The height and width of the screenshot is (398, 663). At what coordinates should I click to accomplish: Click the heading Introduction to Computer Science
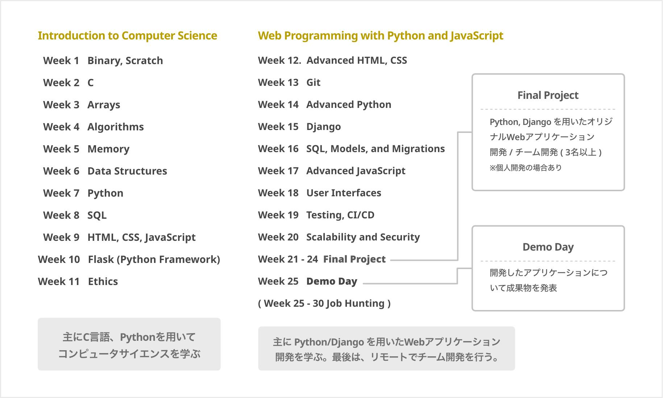point(127,35)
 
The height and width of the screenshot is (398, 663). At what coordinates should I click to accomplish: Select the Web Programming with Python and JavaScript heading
point(380,35)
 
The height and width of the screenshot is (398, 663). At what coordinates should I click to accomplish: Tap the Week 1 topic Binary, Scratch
point(125,60)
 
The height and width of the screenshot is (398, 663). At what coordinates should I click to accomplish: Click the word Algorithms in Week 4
point(115,127)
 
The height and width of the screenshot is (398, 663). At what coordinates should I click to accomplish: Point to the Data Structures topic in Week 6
point(127,171)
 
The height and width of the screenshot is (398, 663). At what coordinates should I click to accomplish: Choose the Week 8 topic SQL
point(97,215)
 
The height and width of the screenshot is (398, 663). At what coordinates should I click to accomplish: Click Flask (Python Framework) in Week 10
point(154,259)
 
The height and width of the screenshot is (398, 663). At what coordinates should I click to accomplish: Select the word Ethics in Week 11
point(103,281)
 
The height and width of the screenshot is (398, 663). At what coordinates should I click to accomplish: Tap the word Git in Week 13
point(313,83)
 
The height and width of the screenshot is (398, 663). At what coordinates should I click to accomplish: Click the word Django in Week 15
point(323,127)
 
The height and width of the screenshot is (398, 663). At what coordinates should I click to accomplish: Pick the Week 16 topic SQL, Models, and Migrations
point(375,149)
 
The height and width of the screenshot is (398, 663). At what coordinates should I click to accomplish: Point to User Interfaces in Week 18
point(344,193)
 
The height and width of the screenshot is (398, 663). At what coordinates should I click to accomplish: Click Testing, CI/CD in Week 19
point(340,215)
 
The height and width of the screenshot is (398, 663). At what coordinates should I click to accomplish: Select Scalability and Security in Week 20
point(363,237)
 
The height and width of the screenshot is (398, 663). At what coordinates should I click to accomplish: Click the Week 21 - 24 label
point(288,259)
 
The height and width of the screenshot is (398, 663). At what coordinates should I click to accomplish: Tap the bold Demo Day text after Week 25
point(332,281)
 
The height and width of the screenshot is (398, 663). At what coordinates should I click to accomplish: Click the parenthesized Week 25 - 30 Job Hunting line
point(324,303)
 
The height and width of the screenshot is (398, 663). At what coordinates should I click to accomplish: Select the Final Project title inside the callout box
point(548,95)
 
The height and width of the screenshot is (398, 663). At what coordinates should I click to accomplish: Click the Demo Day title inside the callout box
point(548,247)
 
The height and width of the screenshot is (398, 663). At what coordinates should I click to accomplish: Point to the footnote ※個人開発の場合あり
point(526,168)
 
